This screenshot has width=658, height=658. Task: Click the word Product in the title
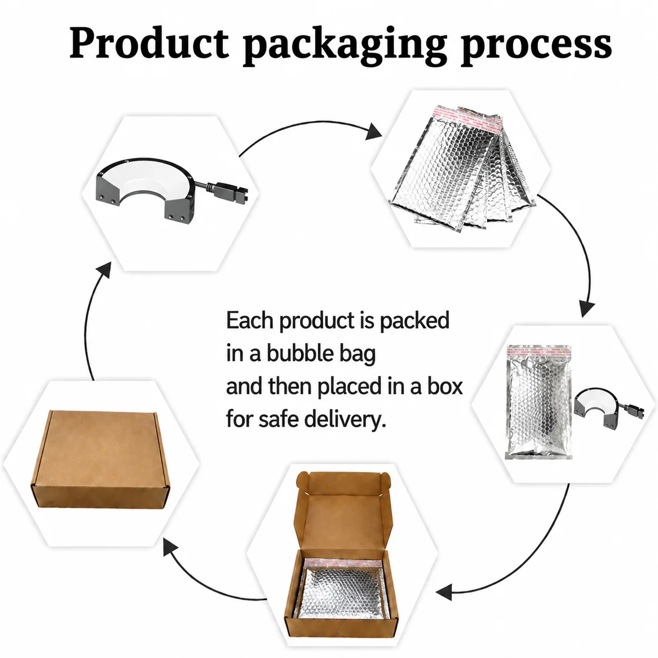click(149, 44)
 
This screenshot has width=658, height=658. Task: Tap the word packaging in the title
click(345, 47)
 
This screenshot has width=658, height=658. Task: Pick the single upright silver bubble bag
click(538, 401)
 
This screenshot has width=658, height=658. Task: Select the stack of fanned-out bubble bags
click(462, 168)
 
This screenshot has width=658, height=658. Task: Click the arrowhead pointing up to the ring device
click(104, 270)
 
